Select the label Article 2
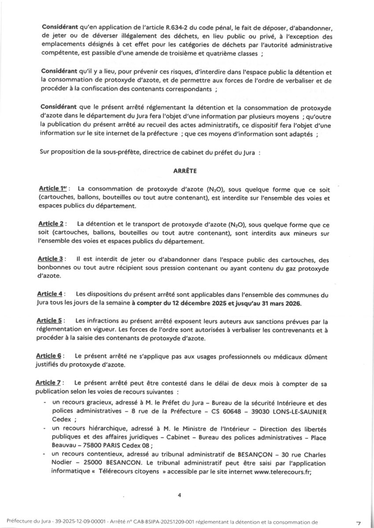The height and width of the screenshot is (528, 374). pos(51,224)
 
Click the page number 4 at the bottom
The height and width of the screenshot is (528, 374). pos(179,495)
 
